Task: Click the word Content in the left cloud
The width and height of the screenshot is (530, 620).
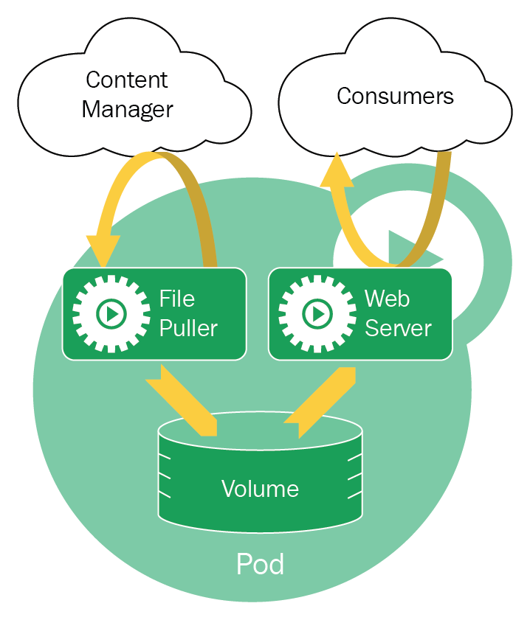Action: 127,80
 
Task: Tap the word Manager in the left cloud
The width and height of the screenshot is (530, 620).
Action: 127,110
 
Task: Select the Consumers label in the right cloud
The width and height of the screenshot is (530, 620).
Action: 395,96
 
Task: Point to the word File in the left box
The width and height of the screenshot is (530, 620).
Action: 177,299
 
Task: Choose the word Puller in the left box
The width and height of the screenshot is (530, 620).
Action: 188,328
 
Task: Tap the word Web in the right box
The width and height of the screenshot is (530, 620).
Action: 387,299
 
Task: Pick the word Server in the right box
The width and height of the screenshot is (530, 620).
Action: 398,328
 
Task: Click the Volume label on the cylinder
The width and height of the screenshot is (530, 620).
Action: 260,489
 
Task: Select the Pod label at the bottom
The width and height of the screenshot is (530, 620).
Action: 260,565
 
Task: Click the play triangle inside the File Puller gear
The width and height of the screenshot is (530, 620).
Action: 112,314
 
